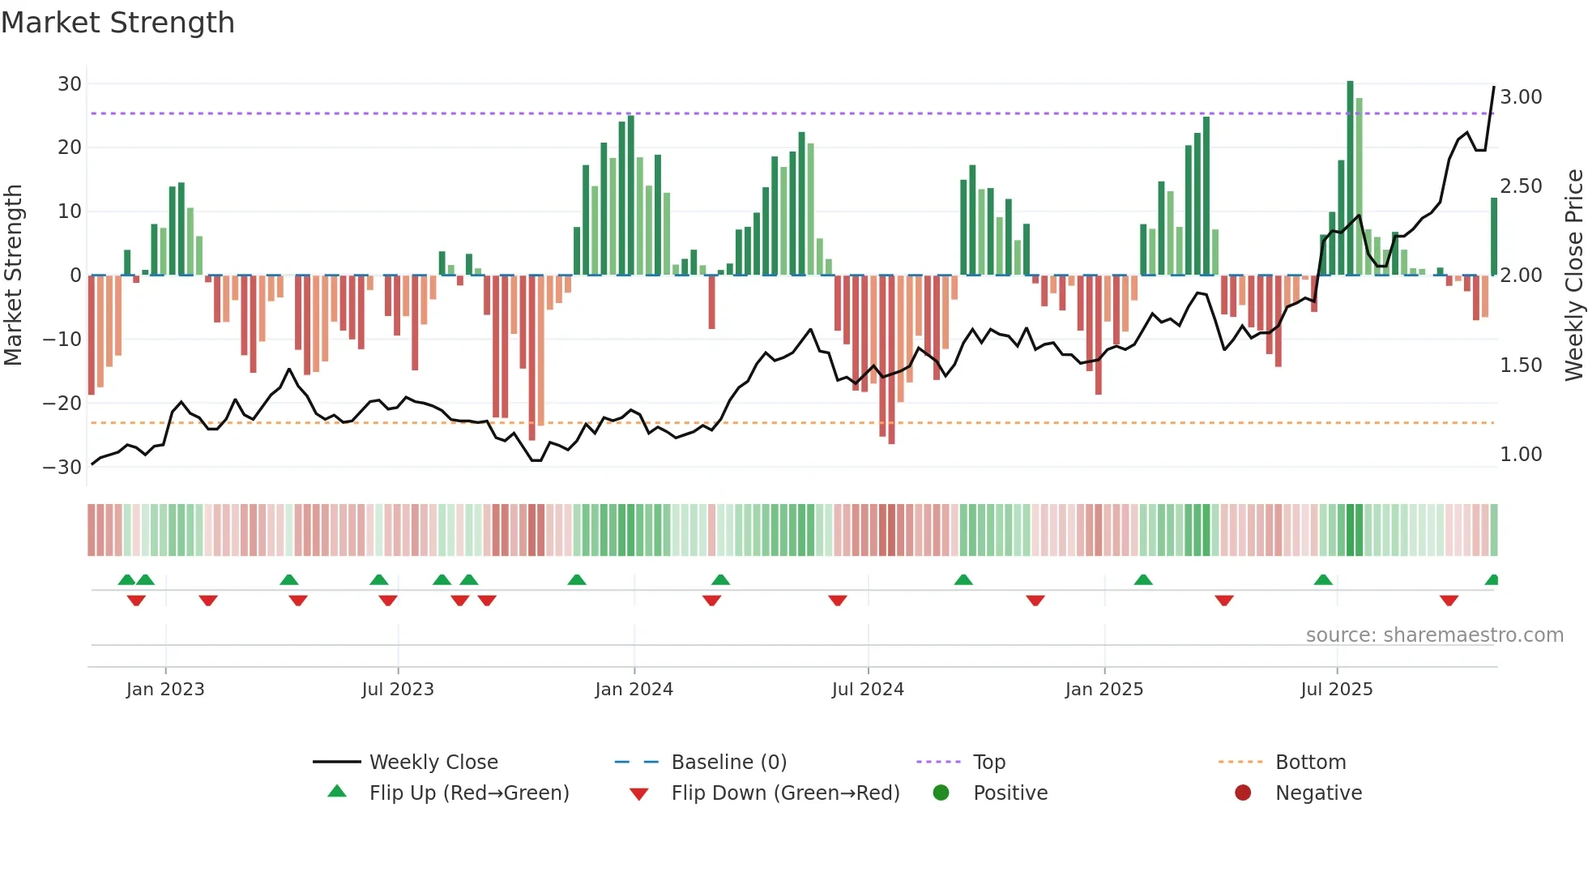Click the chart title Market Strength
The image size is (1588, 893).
coord(117,23)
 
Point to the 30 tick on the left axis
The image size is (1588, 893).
coord(70,83)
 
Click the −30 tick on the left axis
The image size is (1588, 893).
coord(63,467)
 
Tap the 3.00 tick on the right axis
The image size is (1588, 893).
coord(1521,97)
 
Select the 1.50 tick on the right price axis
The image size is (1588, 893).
coord(1521,365)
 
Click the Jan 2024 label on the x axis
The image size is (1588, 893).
coord(634,690)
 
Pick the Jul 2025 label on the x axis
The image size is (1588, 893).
coord(1336,690)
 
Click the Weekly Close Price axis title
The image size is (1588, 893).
coord(1573,275)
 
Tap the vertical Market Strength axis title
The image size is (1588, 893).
coord(13,275)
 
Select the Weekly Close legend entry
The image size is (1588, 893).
coord(433,763)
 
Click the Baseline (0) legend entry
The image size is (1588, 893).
coord(728,763)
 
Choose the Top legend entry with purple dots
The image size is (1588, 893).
coord(988,763)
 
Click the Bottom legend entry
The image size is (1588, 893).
coord(1310,763)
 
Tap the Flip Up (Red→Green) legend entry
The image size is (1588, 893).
coord(468,793)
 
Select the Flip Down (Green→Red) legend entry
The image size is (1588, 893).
coord(784,793)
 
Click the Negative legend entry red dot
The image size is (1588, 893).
coord(1243,793)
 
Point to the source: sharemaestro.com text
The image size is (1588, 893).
coord(1434,635)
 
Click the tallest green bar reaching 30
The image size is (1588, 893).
coord(1350,178)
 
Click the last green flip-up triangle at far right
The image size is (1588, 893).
coord(1492,580)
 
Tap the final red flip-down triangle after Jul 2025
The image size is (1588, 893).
coord(1449,600)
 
